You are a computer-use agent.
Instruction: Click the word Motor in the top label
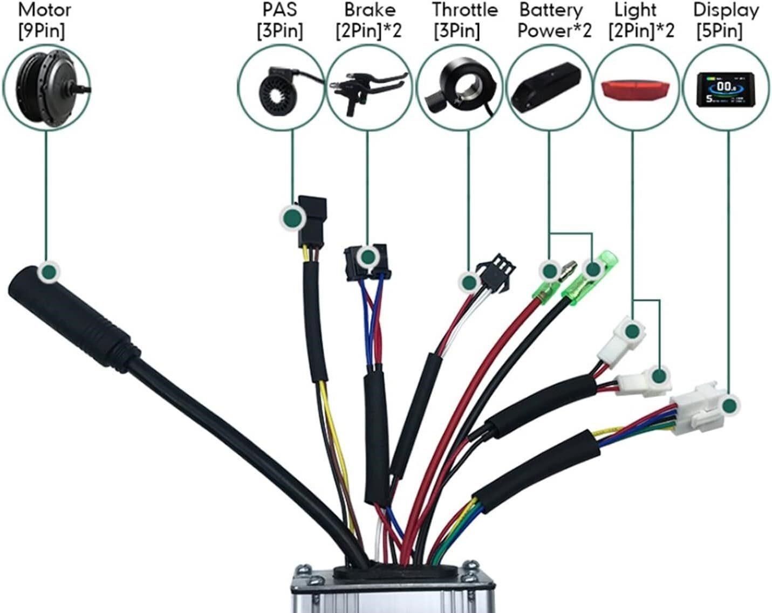click(44, 10)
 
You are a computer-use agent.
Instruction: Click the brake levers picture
click(368, 92)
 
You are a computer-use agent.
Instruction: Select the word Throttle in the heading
click(465, 10)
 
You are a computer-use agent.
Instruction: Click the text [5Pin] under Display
click(719, 31)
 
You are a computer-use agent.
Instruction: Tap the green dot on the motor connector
click(49, 271)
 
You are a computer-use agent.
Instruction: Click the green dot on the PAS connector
click(292, 217)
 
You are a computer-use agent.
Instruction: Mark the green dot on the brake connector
click(368, 256)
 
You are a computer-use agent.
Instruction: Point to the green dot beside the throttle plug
click(468, 282)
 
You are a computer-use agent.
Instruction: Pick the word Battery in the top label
click(551, 10)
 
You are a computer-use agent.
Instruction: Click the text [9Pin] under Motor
click(42, 31)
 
